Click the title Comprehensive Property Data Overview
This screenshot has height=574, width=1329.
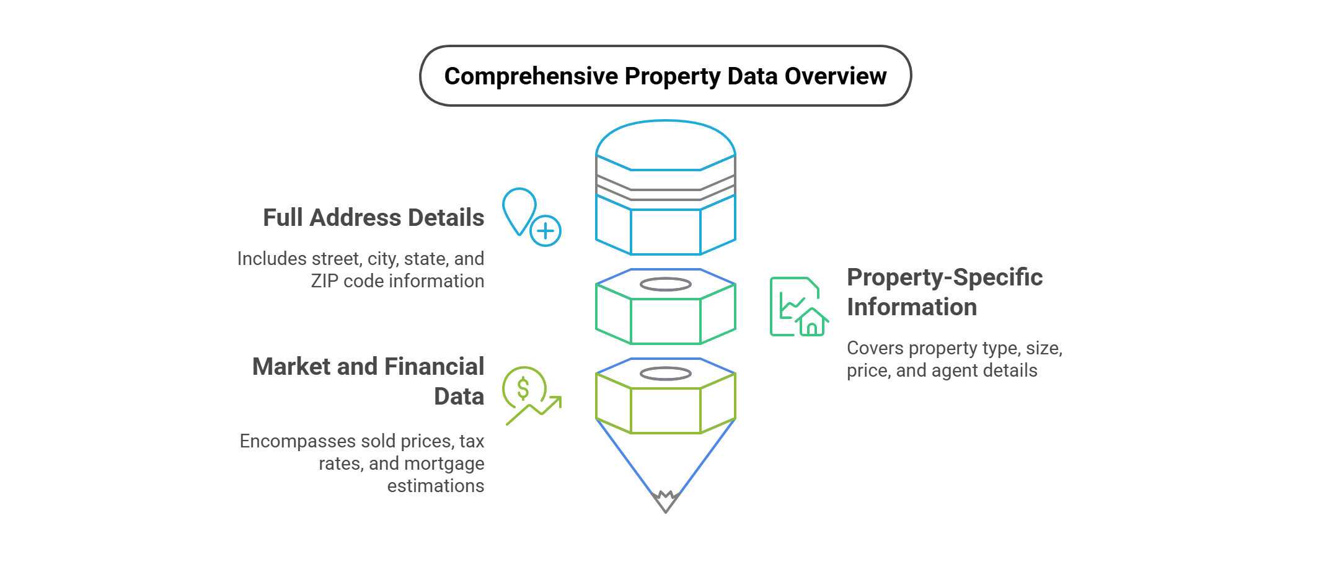click(x=665, y=76)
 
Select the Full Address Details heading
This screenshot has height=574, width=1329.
click(x=373, y=218)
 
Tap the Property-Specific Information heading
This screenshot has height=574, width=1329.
click(x=944, y=292)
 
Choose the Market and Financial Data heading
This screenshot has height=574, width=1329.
click(x=368, y=381)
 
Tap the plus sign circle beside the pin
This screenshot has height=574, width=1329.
click(x=545, y=231)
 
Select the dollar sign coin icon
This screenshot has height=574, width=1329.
click(x=523, y=388)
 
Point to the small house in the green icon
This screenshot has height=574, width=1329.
click(x=812, y=322)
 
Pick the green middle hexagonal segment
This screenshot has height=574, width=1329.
click(x=665, y=320)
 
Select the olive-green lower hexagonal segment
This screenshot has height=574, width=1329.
click(x=665, y=410)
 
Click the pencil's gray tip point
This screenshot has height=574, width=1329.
click(x=666, y=503)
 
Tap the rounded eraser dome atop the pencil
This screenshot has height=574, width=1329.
click(x=665, y=144)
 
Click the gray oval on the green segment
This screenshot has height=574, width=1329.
click(x=665, y=284)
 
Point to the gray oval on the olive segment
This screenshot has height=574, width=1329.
click(x=665, y=374)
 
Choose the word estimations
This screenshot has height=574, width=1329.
click(x=435, y=486)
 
